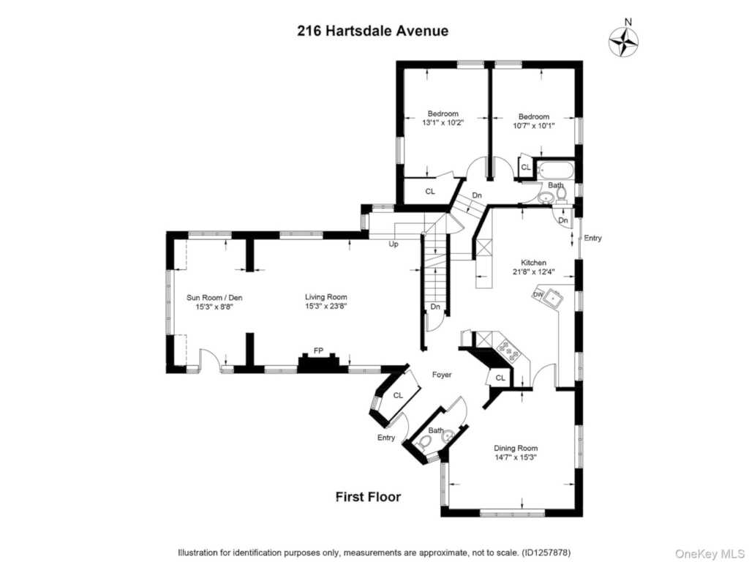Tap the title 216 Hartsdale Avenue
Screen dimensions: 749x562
click(372, 31)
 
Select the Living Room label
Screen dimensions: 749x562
click(326, 297)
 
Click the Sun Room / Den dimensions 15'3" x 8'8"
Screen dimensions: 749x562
click(214, 307)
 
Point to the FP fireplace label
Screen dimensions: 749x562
click(319, 351)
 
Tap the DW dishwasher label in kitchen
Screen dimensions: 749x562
click(538, 294)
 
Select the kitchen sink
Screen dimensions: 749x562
click(553, 298)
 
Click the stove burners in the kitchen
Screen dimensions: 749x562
click(509, 351)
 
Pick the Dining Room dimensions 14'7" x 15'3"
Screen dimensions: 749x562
click(516, 457)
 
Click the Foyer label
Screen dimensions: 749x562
click(442, 375)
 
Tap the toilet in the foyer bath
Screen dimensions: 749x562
click(424, 443)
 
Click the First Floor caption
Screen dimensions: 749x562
click(369, 497)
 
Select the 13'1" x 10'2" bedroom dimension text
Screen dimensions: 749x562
click(443, 123)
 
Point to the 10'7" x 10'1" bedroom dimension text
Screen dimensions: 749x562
click(534, 126)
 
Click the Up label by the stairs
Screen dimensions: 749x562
click(394, 244)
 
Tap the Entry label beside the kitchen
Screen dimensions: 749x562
click(592, 238)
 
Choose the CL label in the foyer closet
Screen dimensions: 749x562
click(398, 395)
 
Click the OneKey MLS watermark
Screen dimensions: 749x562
click(710, 554)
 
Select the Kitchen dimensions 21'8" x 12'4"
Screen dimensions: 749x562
click(533, 272)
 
